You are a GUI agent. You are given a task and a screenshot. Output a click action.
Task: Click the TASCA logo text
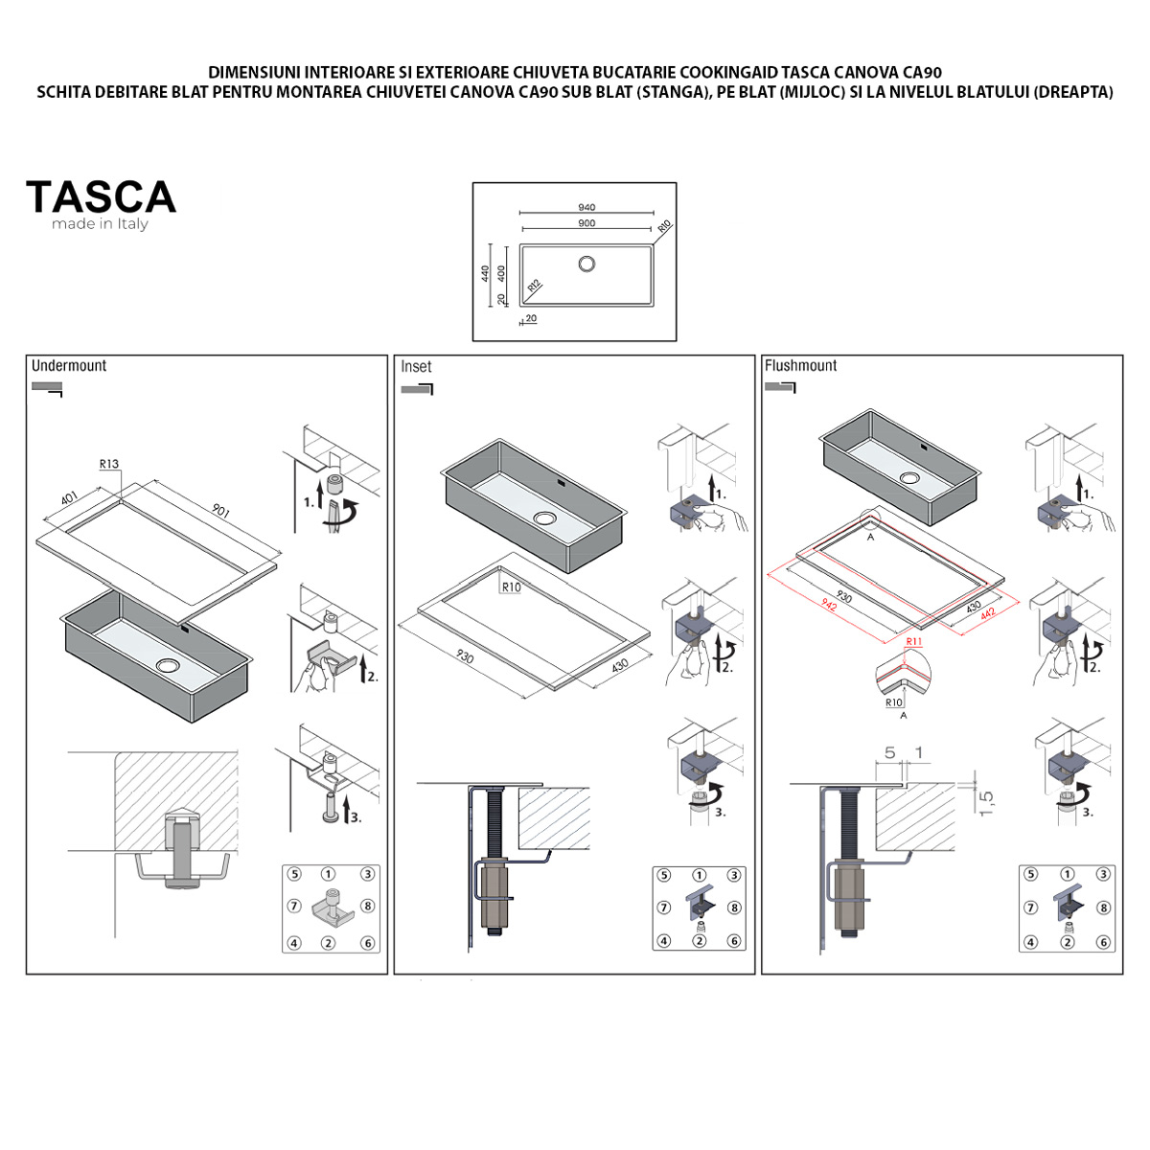coord(101,197)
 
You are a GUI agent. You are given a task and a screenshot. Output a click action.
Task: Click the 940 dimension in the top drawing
coord(586,207)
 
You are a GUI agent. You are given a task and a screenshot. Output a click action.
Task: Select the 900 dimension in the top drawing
coord(586,223)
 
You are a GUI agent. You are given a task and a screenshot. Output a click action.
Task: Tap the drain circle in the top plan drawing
coord(586,263)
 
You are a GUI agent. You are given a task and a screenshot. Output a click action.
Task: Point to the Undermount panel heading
coord(69,365)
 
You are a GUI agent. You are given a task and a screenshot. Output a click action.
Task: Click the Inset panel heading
coord(416,366)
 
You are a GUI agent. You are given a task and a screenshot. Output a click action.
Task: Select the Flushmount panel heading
coord(800,365)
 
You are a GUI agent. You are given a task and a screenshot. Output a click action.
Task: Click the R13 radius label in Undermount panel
coord(109,464)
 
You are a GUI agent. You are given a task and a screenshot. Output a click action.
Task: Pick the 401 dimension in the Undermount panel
coord(69,499)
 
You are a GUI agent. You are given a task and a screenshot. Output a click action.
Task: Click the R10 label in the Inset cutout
coord(511,587)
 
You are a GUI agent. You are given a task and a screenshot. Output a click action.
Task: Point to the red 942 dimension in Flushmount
coord(830,606)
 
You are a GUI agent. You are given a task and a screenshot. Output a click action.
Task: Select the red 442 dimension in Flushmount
coord(987,614)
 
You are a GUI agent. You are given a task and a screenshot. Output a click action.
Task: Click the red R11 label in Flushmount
coord(913,642)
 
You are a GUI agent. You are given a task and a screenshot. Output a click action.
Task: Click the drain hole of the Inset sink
coord(544,518)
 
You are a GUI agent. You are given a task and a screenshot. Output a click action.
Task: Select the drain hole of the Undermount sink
coord(169,665)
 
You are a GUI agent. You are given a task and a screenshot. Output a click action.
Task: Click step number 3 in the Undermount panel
coord(355,817)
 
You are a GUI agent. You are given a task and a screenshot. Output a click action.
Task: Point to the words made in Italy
coord(100,224)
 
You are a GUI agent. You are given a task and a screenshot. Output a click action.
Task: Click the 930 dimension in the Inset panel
coord(464,656)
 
